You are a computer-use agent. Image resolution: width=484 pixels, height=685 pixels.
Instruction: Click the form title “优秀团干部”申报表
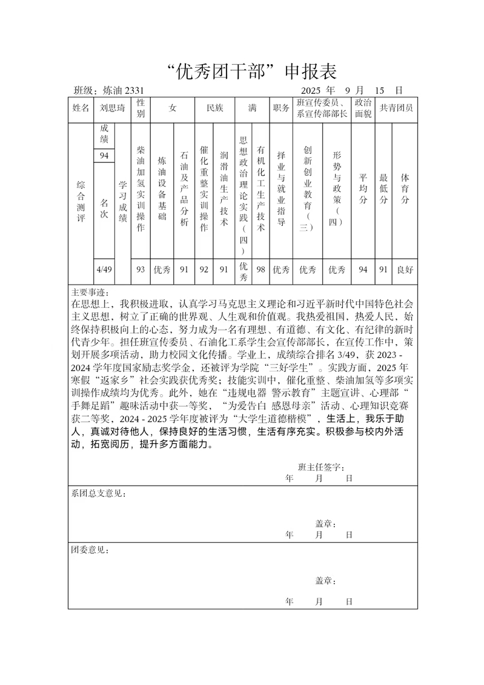[x=251, y=72]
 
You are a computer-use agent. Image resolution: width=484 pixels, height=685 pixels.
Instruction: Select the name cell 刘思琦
[x=113, y=108]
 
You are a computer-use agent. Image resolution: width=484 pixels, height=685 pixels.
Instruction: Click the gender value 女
[x=173, y=108]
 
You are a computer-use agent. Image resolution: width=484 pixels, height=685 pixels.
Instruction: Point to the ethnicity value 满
[x=252, y=108]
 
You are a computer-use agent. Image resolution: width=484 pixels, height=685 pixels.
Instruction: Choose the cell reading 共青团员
[x=396, y=108]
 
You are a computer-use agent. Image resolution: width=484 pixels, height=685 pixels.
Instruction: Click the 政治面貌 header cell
[x=363, y=108]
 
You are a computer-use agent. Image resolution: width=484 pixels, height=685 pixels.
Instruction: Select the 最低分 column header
[x=383, y=188]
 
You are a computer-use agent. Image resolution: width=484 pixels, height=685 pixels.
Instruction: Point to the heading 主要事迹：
[x=90, y=291]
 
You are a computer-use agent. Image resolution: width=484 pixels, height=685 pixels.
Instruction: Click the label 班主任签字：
[x=321, y=468]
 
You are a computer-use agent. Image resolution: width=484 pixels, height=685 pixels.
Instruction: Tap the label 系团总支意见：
[x=99, y=494]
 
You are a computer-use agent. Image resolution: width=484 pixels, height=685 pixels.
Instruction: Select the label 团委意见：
[x=90, y=551]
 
